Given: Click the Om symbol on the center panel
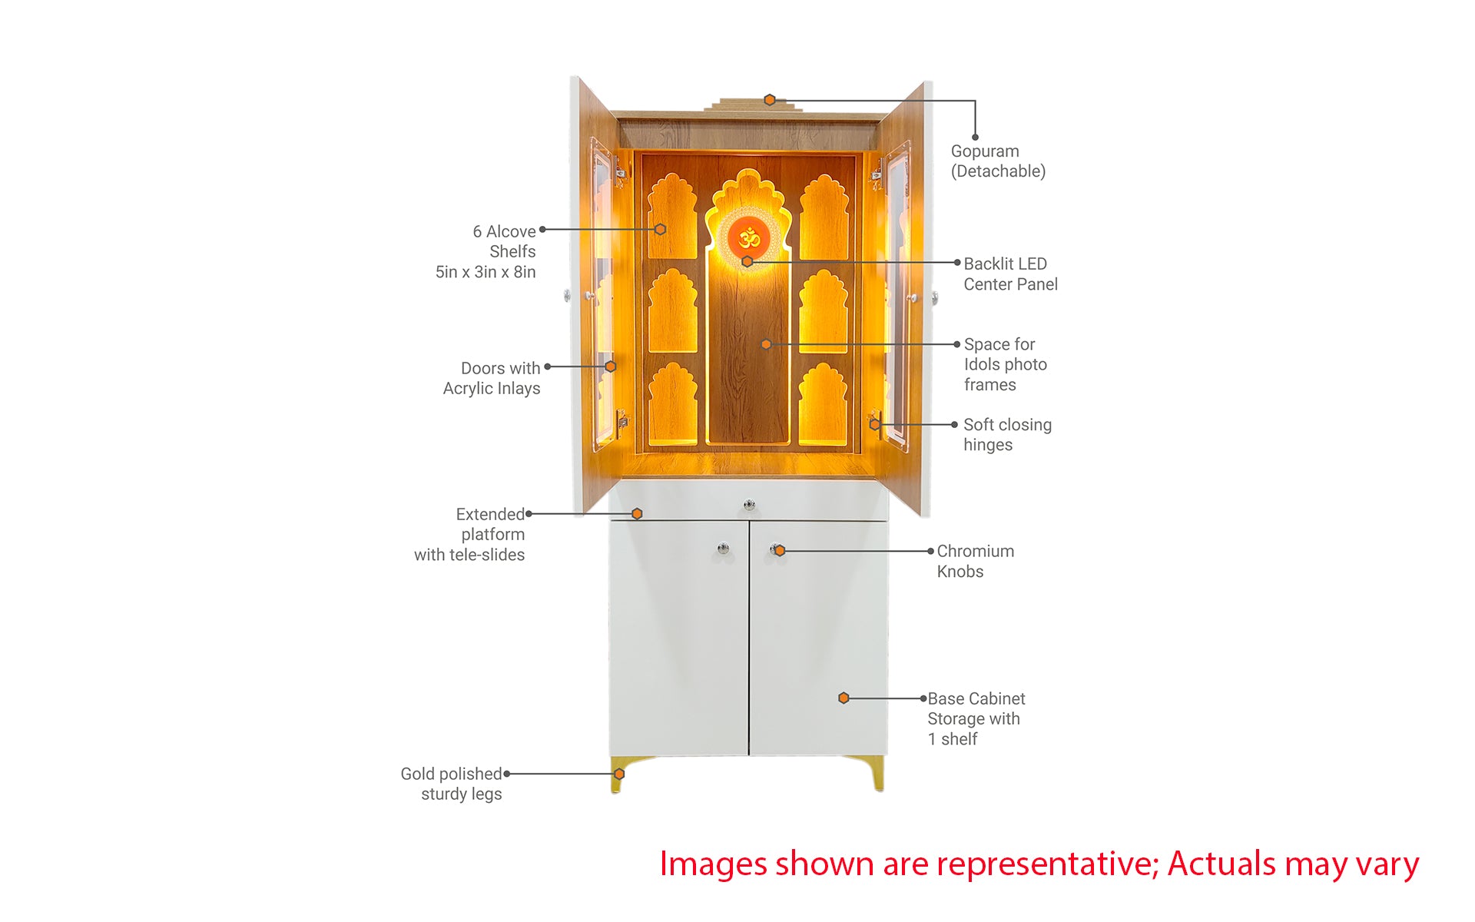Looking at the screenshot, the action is [x=749, y=238].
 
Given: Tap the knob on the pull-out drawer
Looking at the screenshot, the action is [x=750, y=505].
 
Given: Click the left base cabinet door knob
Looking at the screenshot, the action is [x=723, y=549].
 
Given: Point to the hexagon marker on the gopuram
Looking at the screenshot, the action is [x=770, y=100].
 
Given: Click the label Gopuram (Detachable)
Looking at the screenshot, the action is [x=998, y=161].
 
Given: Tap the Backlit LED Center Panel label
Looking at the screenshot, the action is [x=1010, y=274].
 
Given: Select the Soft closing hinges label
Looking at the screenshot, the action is [x=1007, y=435].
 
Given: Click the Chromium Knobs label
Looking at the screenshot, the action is [x=975, y=561].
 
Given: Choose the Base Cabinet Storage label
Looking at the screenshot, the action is [x=976, y=718].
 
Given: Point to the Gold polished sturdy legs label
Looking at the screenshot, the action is [x=451, y=784].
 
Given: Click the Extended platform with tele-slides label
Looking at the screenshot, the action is [x=469, y=534].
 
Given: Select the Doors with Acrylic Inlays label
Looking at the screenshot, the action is [x=492, y=378].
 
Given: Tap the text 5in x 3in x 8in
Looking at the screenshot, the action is [x=486, y=272].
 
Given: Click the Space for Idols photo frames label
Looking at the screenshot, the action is [x=1005, y=364].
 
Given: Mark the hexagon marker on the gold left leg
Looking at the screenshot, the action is [x=619, y=774].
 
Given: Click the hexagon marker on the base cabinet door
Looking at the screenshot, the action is [x=844, y=698].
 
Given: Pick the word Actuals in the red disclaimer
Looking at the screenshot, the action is [x=1222, y=864].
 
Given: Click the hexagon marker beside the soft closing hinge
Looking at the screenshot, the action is [x=874, y=424].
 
